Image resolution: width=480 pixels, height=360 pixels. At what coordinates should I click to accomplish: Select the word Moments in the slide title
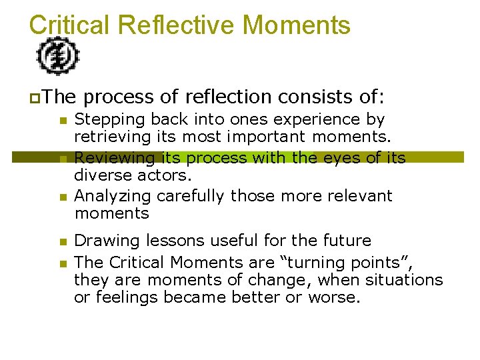click(x=297, y=25)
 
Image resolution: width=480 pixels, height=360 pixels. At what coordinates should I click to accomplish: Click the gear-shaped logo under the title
click(x=58, y=55)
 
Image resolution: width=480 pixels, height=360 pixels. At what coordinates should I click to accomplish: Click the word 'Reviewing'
click(x=107, y=158)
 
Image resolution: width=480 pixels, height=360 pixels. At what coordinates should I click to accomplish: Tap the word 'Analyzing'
click(x=107, y=196)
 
